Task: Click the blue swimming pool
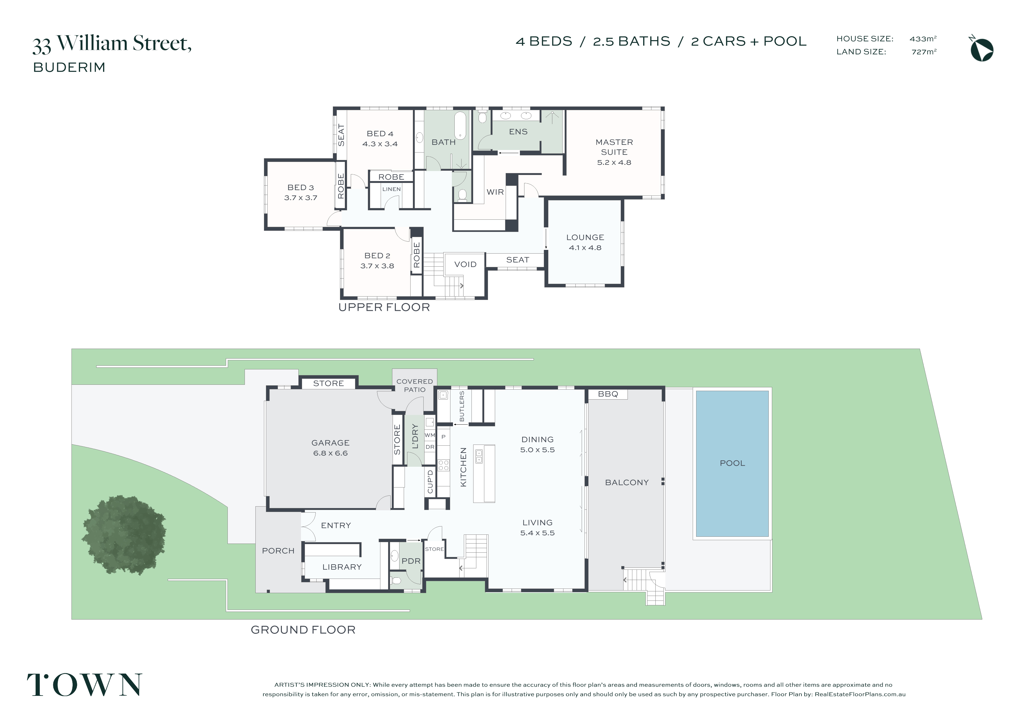[x=732, y=464]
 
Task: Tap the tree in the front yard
[x=124, y=535]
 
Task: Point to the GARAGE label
[x=331, y=443]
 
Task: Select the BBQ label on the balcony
[x=608, y=394]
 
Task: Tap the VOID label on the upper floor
[x=466, y=264]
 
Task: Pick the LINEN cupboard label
[x=391, y=189]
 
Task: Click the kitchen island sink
[x=479, y=456]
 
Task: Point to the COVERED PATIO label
[x=415, y=385]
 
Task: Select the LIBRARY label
[x=342, y=567]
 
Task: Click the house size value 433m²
[x=923, y=39]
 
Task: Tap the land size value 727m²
[x=924, y=52]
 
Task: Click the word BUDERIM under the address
[x=69, y=67]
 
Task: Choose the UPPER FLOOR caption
[x=384, y=307]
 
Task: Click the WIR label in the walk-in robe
[x=495, y=192]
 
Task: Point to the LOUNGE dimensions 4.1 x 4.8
[x=585, y=248]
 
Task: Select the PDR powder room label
[x=411, y=561]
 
